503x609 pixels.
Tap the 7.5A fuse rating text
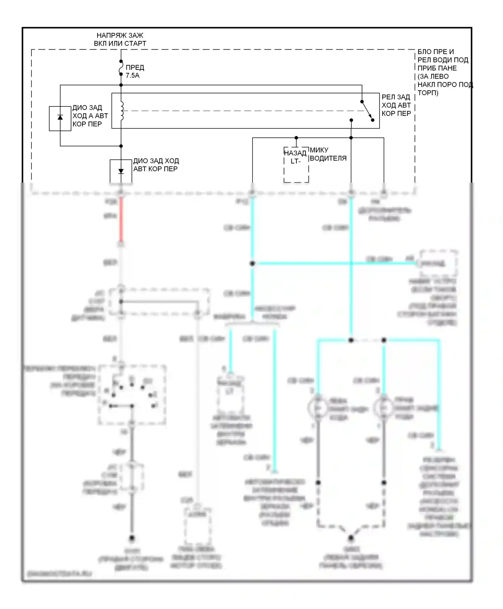coord(132,76)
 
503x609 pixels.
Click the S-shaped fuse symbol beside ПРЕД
coord(121,70)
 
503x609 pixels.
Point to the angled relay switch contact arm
coord(367,110)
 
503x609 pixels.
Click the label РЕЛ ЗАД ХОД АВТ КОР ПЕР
coord(396,105)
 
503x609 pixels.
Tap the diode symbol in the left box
coord(60,118)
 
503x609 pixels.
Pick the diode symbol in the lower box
coord(121,171)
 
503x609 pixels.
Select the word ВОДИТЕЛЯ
coord(328,158)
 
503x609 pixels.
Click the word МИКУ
coord(319,150)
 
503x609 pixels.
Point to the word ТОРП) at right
coord(428,93)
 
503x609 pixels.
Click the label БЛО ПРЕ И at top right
coord(436,52)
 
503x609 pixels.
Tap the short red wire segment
coord(121,220)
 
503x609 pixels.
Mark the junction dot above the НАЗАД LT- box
coord(296,138)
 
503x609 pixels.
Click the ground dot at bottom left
coord(132,538)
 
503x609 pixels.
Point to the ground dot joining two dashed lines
coord(351,538)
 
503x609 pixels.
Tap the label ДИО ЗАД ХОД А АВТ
coord(90,112)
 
